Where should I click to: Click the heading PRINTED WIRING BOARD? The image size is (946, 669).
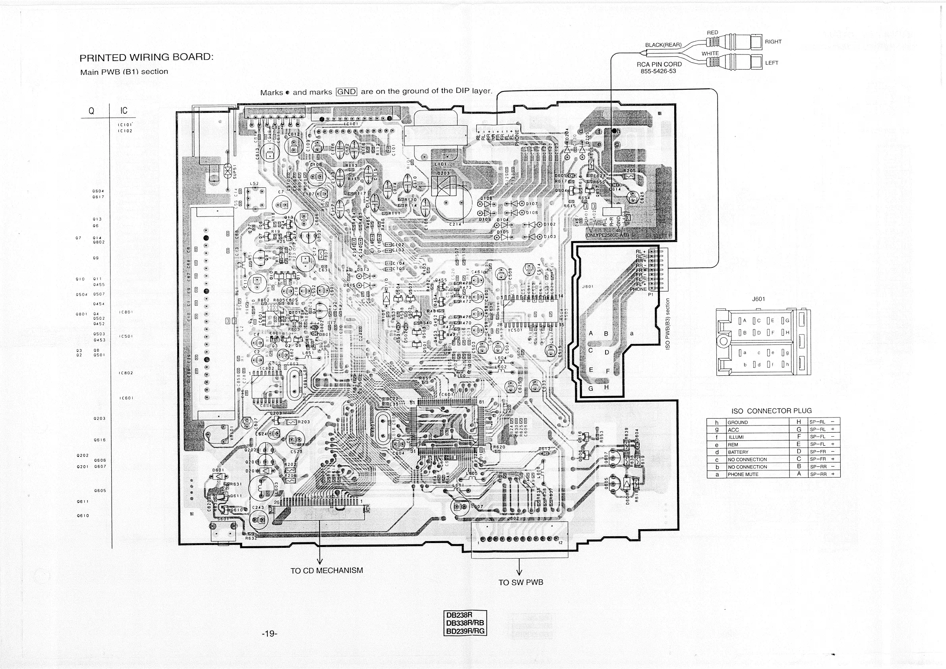[146, 57]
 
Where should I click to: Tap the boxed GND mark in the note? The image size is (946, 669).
[346, 92]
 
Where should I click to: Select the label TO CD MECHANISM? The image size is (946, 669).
[327, 570]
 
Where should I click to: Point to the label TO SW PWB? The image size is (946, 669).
[521, 582]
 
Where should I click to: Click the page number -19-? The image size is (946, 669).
[269, 634]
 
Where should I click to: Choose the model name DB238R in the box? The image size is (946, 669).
[459, 615]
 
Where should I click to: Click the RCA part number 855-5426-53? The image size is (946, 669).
[658, 71]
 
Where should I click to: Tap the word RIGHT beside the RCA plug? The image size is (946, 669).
[773, 42]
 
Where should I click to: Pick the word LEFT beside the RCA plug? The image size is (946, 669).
[771, 63]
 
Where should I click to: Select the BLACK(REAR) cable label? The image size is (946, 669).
[663, 45]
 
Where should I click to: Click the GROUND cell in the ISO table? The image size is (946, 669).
[737, 422]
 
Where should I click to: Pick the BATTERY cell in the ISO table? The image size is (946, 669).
[738, 452]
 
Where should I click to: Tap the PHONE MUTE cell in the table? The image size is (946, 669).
[743, 474]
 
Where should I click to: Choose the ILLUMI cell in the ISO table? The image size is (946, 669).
[736, 437]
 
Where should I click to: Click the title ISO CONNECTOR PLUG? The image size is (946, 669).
[771, 411]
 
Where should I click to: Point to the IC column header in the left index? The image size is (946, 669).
[124, 111]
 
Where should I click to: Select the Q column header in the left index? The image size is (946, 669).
[91, 111]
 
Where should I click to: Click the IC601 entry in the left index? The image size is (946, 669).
[126, 398]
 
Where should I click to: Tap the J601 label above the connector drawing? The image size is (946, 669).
[758, 299]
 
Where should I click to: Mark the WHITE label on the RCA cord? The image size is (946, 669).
[710, 54]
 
